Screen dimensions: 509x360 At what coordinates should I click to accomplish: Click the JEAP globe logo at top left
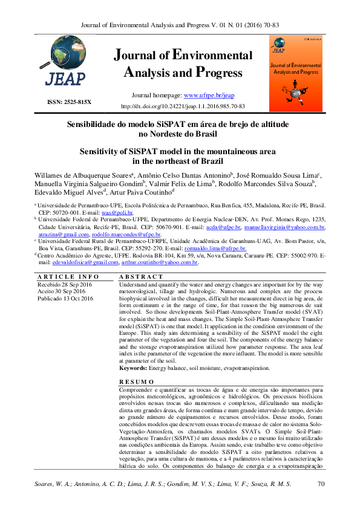click(61, 65)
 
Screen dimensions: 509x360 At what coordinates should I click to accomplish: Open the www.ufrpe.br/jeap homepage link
click(208, 96)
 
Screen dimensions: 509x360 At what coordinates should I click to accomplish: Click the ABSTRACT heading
click(141, 276)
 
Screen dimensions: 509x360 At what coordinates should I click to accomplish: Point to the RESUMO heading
click(137, 382)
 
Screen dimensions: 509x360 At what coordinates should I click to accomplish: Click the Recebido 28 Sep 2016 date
click(65, 284)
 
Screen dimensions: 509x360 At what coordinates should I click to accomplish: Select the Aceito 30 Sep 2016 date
click(61, 291)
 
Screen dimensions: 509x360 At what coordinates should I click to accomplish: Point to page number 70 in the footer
click(322, 484)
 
